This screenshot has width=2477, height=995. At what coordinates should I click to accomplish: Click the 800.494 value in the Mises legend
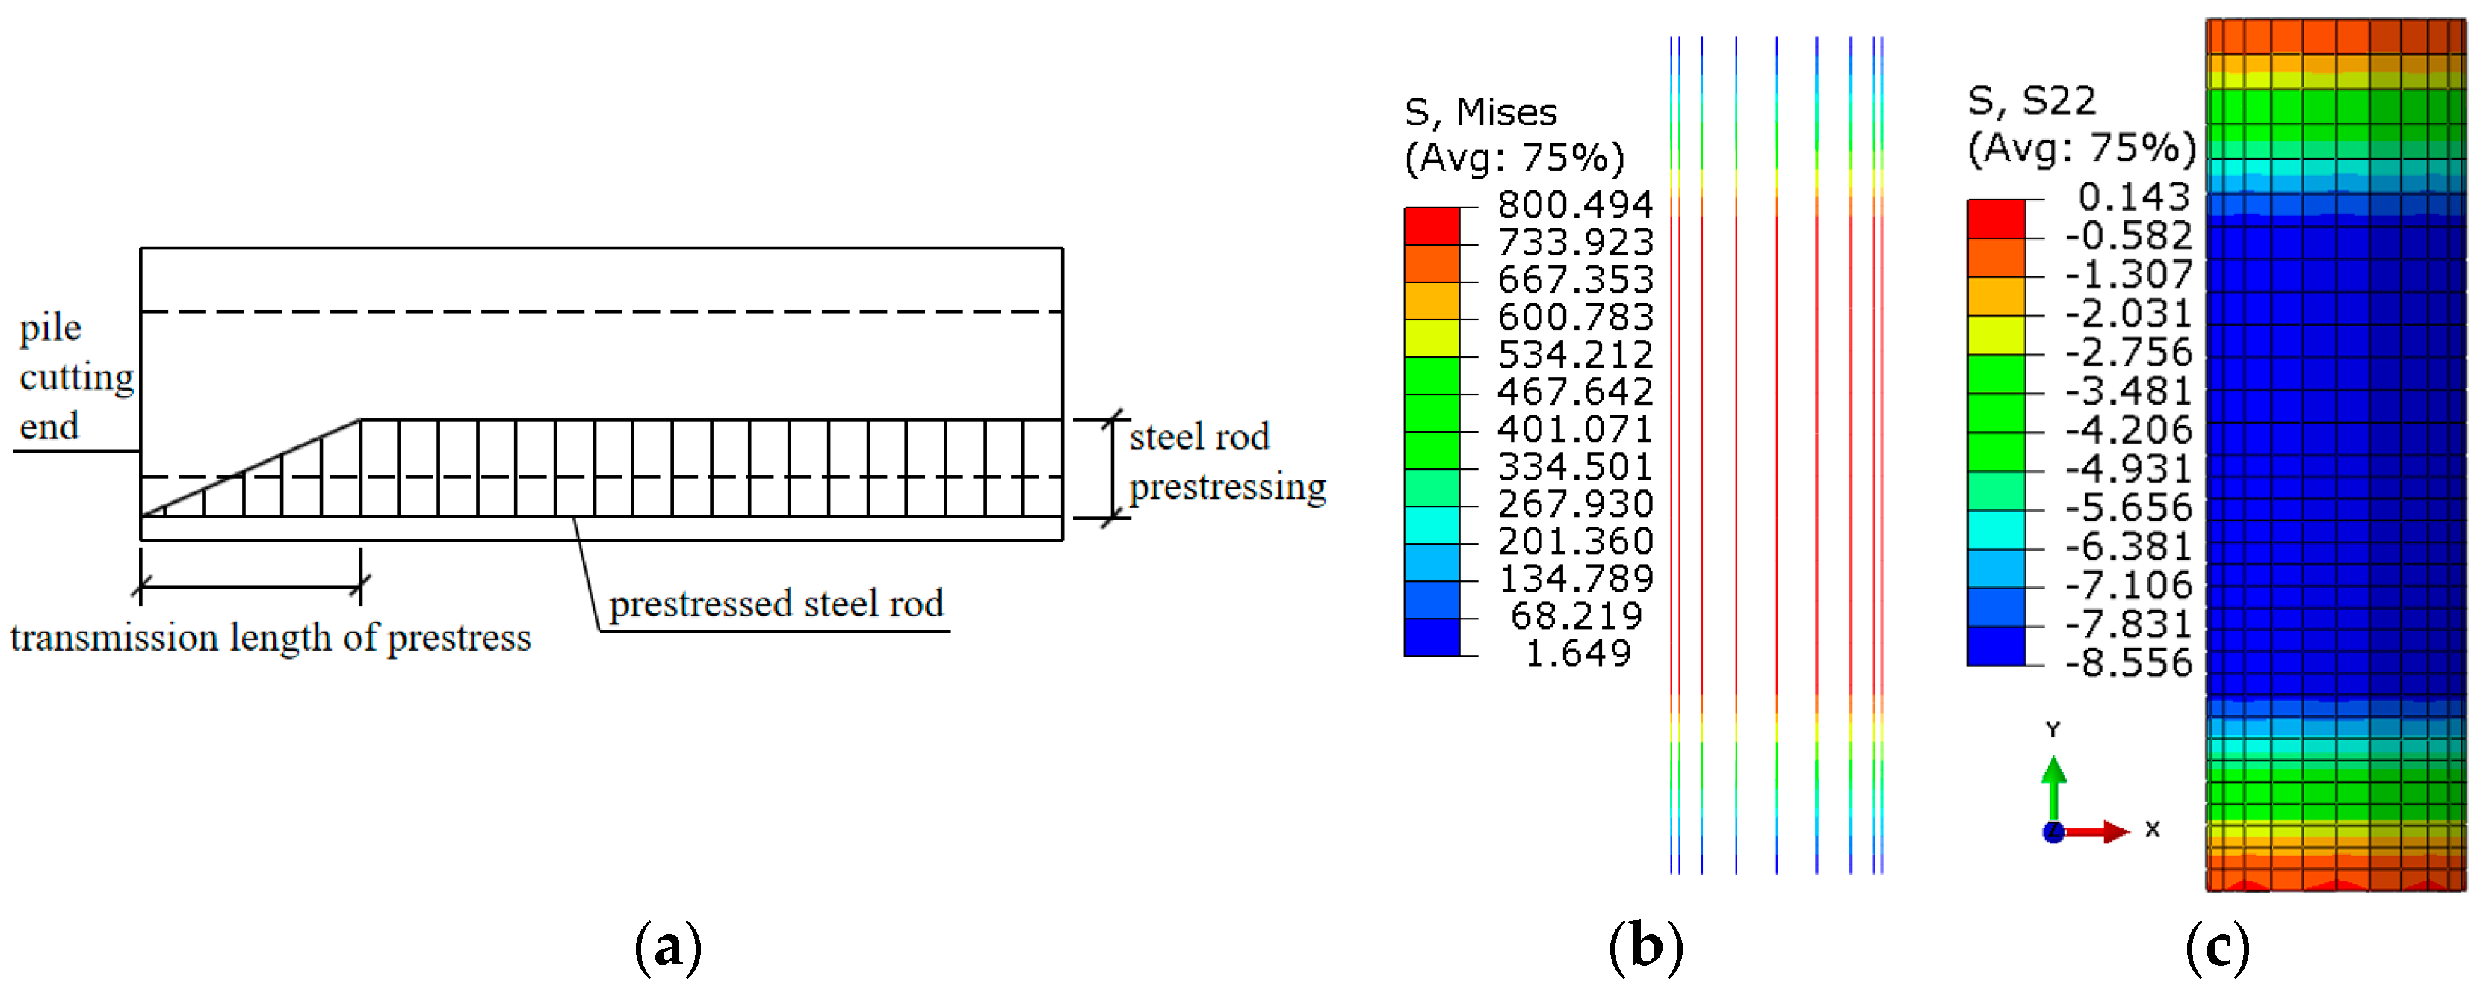tap(1574, 204)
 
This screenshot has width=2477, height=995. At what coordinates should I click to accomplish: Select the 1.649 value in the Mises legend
tap(1578, 653)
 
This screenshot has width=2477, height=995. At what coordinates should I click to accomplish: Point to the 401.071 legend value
tap(1574, 429)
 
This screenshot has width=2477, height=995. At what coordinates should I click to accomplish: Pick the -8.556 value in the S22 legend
tap(2128, 663)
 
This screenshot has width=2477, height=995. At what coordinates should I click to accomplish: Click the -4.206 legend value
tap(2128, 430)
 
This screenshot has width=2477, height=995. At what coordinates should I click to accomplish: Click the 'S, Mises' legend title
tap(1480, 113)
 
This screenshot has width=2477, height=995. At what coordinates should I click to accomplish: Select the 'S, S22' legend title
tap(2031, 101)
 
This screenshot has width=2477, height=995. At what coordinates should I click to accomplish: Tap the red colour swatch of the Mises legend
tap(1431, 226)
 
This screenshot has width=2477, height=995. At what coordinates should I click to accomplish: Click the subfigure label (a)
tap(668, 947)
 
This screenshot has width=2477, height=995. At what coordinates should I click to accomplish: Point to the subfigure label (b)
tap(1645, 947)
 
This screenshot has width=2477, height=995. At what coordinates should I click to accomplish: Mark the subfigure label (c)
tap(2218, 947)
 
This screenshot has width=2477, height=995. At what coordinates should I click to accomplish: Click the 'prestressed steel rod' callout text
tap(776, 604)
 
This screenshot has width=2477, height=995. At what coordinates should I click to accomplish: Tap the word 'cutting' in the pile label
tap(77, 376)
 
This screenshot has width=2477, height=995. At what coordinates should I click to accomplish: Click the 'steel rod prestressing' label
tap(1226, 462)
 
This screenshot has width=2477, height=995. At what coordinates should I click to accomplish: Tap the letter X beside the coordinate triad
tap(2152, 828)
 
